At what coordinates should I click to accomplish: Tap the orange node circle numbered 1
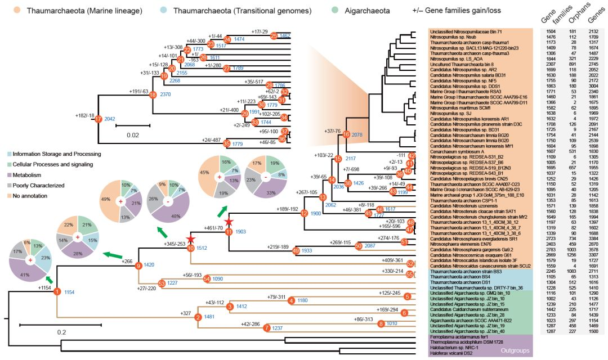click(x=56, y=291)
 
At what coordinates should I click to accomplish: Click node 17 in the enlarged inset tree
click(x=99, y=119)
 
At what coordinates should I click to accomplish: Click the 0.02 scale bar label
click(x=133, y=135)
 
